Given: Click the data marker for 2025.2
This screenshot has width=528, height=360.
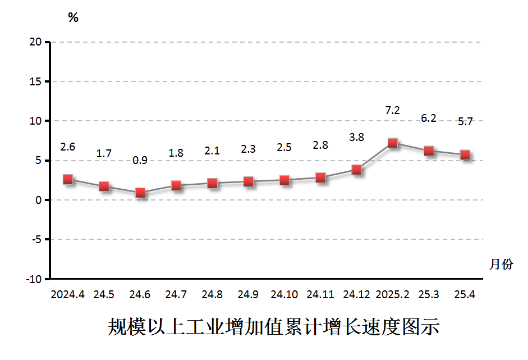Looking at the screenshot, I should pyautogui.click(x=393, y=143).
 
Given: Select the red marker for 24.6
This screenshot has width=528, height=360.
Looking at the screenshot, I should pyautogui.click(x=140, y=193).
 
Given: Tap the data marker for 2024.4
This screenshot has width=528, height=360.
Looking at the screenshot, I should pyautogui.click(x=68, y=179).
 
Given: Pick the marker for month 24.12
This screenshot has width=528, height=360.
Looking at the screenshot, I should pyautogui.click(x=357, y=170).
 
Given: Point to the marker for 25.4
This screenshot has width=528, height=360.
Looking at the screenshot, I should pyautogui.click(x=465, y=155).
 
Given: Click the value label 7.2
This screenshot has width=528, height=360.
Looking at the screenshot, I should pyautogui.click(x=393, y=111).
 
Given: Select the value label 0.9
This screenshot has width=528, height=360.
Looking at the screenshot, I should pyautogui.click(x=140, y=160).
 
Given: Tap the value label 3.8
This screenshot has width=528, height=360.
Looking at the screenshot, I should pyautogui.click(x=357, y=137).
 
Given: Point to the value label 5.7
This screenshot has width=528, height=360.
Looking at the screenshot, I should pyautogui.click(x=465, y=121).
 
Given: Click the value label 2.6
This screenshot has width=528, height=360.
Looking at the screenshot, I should pyautogui.click(x=68, y=147).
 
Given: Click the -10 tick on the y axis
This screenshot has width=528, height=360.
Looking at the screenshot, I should pyautogui.click(x=34, y=279).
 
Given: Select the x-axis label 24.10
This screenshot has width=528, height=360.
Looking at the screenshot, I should pyautogui.click(x=284, y=294).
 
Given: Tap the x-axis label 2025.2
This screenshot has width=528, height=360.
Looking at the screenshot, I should pyautogui.click(x=393, y=294).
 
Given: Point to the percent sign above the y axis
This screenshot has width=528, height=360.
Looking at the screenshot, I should pyautogui.click(x=73, y=18).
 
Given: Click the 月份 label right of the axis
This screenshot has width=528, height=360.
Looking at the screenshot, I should pyautogui.click(x=501, y=264).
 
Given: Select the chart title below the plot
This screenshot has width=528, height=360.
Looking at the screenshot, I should pyautogui.click(x=273, y=327).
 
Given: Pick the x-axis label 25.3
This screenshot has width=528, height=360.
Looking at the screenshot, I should pyautogui.click(x=429, y=294).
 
